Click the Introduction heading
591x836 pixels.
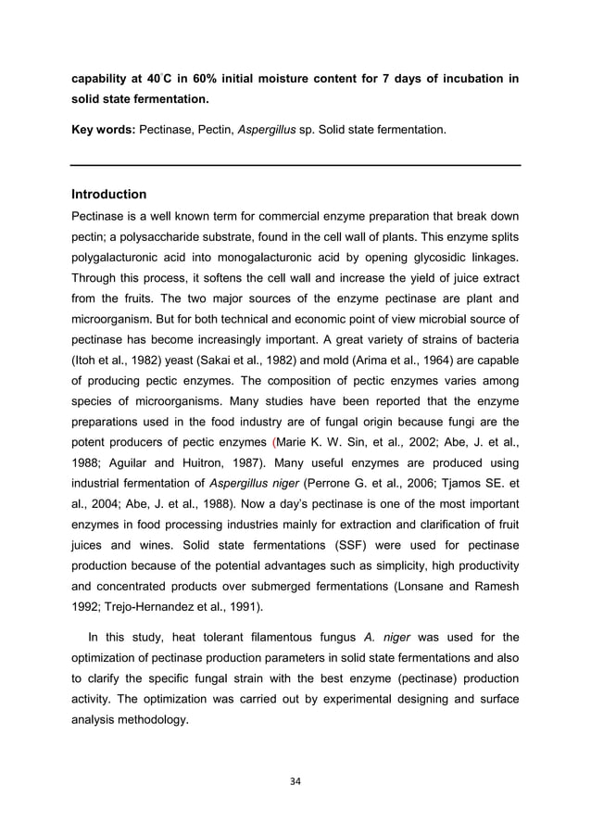[x=108, y=195]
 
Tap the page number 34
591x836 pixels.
[x=295, y=779]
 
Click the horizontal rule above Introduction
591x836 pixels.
[x=295, y=165]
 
